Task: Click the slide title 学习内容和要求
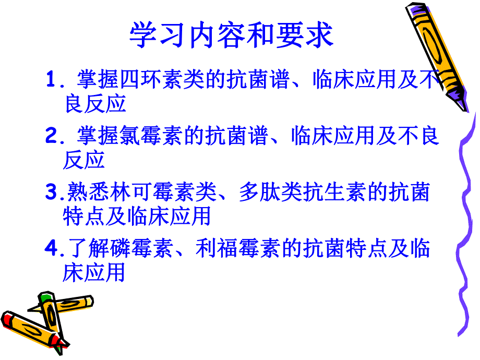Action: coord(231,35)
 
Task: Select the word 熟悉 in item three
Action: coord(84,193)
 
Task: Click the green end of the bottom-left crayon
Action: coord(46,298)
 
